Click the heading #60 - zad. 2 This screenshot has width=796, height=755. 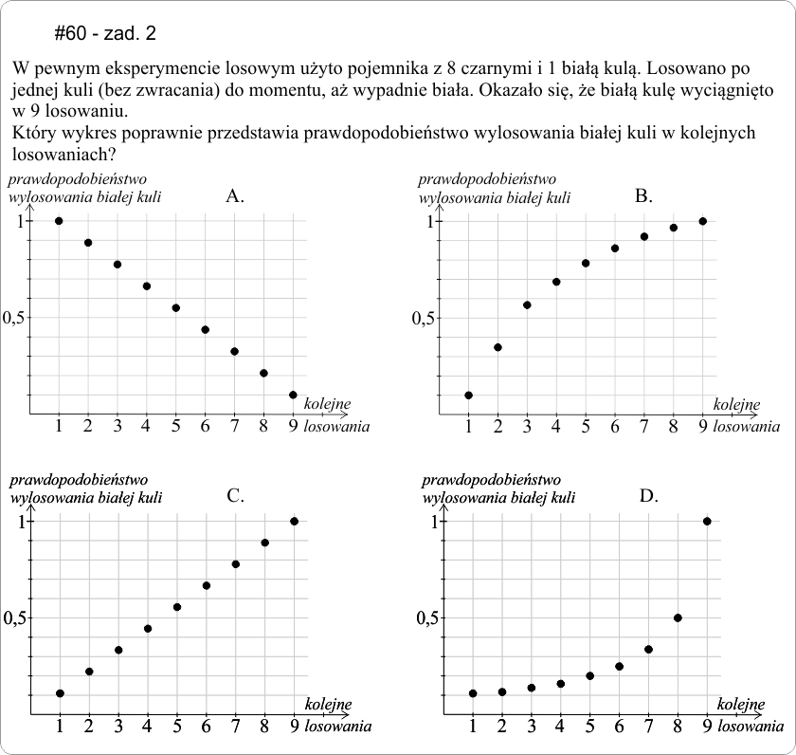coord(105,34)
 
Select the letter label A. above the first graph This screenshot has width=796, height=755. coord(236,197)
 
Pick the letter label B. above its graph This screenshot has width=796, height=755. coord(643,197)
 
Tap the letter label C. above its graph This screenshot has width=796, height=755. coord(236,495)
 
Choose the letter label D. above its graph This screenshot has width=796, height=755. coord(648,495)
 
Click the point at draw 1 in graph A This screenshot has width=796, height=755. coord(59,221)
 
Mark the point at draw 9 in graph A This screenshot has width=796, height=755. coord(293,395)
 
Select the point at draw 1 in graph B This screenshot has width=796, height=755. coord(468,395)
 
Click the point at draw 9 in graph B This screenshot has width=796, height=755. coord(702,221)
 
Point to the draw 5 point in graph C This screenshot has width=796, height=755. coord(176,607)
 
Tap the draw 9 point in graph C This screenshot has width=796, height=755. coord(294,521)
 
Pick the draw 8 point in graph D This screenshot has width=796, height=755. coord(678,617)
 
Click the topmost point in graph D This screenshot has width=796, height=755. coord(707,521)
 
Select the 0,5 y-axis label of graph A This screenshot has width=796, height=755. coord(18,318)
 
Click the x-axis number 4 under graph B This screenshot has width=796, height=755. coord(556,428)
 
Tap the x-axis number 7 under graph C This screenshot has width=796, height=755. coord(235,727)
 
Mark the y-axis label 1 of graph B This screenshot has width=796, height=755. coord(428,221)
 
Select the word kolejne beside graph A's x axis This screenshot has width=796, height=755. coord(327,405)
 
